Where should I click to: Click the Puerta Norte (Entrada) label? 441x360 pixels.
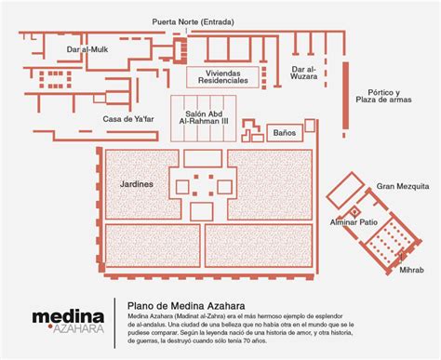tap(193, 22)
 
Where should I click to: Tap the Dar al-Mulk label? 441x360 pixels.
tap(87, 49)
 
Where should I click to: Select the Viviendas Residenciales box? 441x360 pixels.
tap(222, 77)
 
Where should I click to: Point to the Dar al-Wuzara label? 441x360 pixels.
tap(304, 73)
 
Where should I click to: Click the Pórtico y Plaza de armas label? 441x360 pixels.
tap(383, 96)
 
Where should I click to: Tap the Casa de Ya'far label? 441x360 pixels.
tap(128, 119)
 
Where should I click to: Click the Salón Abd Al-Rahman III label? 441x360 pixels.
tap(204, 117)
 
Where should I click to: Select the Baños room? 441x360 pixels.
tap(285, 133)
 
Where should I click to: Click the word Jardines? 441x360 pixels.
tap(137, 184)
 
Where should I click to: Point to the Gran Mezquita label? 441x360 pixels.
tap(403, 186)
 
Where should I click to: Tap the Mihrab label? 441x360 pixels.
tap(411, 270)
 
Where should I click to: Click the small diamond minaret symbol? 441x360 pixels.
tap(354, 212)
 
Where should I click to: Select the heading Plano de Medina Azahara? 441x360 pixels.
tap(186, 306)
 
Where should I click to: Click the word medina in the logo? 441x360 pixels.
tap(68, 317)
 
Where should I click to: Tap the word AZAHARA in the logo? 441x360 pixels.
tap(78, 329)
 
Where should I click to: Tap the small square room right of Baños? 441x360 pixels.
tap(310, 126)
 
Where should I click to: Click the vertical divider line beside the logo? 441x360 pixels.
tap(114, 323)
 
